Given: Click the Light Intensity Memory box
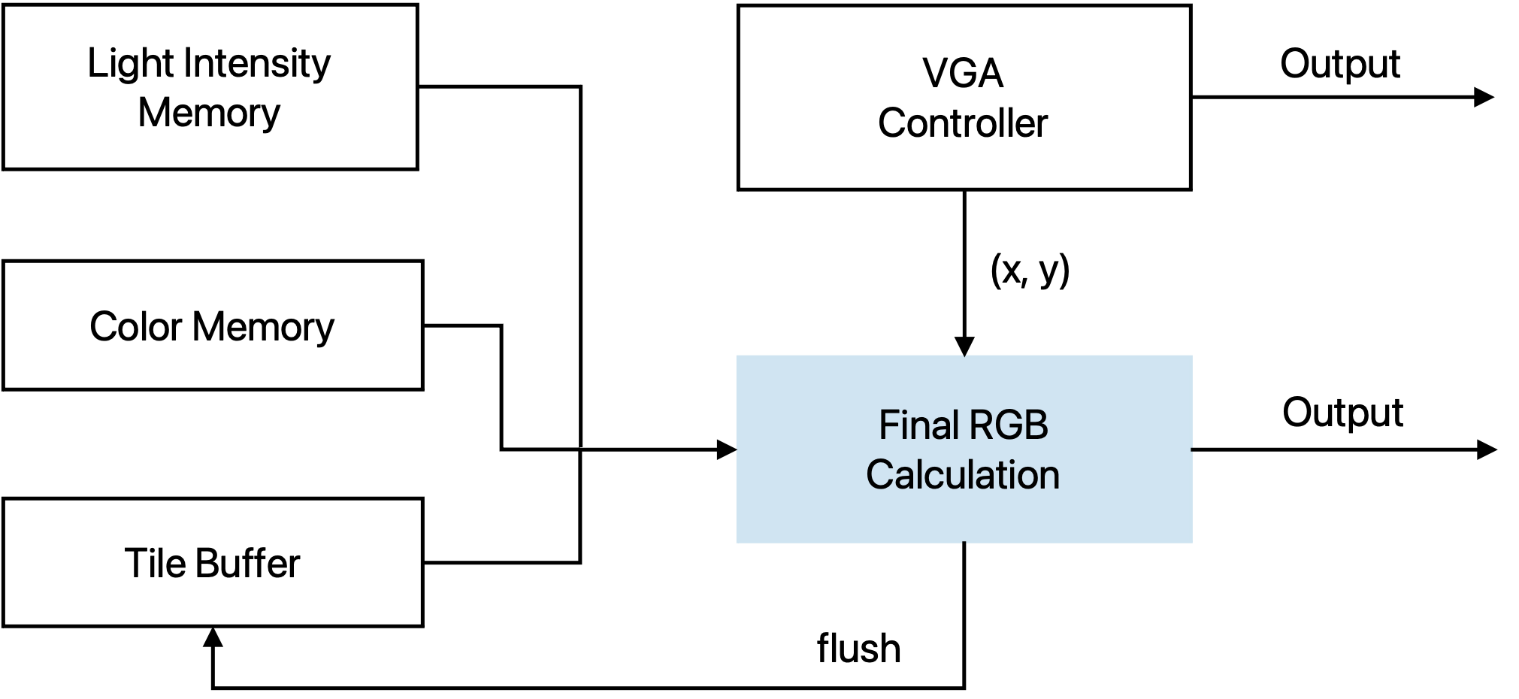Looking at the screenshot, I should (x=210, y=86).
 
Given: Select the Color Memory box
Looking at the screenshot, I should (x=213, y=325).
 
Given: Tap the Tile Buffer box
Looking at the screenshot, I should (x=213, y=562).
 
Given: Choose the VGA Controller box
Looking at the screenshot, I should (x=964, y=97).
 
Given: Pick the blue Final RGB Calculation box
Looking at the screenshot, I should (x=964, y=449).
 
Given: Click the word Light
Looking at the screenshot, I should (x=132, y=64).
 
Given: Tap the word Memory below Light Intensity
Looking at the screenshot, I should (x=209, y=113).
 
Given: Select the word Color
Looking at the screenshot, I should (x=136, y=327).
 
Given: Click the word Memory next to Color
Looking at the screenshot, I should (x=263, y=327).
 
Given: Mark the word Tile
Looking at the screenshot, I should (x=155, y=563).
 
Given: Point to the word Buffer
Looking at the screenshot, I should (x=247, y=563).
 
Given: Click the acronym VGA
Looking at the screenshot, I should (x=963, y=74).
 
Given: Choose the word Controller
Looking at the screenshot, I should (x=963, y=123).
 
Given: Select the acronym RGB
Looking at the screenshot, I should (x=1006, y=425).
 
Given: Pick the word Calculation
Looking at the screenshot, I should (x=963, y=475).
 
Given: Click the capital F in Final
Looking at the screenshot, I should (x=886, y=425).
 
